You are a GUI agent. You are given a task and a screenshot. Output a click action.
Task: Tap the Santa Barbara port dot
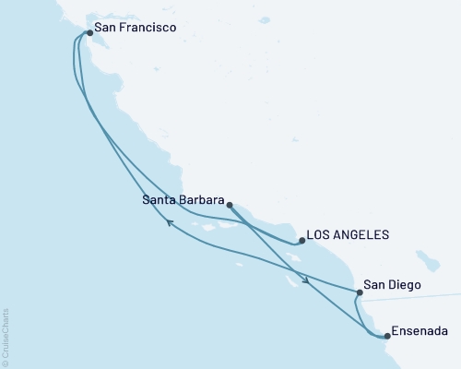pyautogui.click(x=229, y=205)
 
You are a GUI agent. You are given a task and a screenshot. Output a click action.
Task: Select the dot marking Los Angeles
pyautogui.click(x=301, y=242)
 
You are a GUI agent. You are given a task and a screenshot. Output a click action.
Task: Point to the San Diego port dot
pyautogui.click(x=359, y=292)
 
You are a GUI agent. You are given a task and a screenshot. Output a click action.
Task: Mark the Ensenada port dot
pyautogui.click(x=386, y=336)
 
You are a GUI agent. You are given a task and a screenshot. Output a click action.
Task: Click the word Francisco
pyautogui.click(x=144, y=28)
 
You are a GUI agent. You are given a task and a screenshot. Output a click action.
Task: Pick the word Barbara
pyautogui.click(x=201, y=198)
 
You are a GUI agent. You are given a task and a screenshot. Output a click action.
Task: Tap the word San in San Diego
pyautogui.click(x=374, y=285)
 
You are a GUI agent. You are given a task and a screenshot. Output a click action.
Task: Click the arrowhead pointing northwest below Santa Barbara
pyautogui.click(x=169, y=221)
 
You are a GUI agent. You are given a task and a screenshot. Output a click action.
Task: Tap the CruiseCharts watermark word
pyautogui.click(x=6, y=334)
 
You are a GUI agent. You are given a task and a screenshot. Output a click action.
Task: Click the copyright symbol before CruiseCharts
pyautogui.click(x=6, y=362)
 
